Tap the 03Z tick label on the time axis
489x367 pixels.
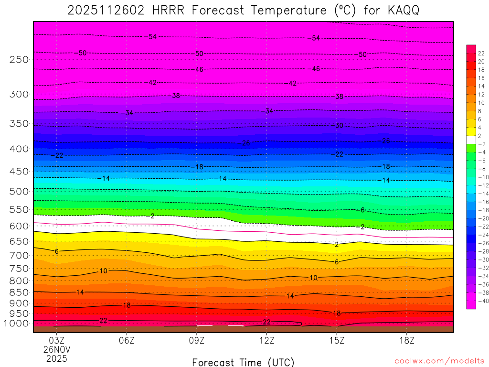[57, 341]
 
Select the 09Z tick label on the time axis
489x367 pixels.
[197, 341]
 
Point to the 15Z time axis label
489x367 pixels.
[337, 341]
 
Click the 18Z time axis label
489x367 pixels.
[407, 341]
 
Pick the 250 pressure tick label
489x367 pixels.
[19, 60]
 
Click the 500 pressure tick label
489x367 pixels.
[19, 192]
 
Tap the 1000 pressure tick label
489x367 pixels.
[17, 324]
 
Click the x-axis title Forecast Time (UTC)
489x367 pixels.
[243, 362]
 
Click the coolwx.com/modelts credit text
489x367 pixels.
[440, 361]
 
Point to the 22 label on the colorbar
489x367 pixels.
[481, 53]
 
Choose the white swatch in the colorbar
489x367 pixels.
[471, 140]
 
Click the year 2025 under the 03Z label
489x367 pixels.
[57, 358]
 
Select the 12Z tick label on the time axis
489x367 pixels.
[266, 341]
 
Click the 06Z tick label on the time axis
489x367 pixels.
[127, 341]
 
